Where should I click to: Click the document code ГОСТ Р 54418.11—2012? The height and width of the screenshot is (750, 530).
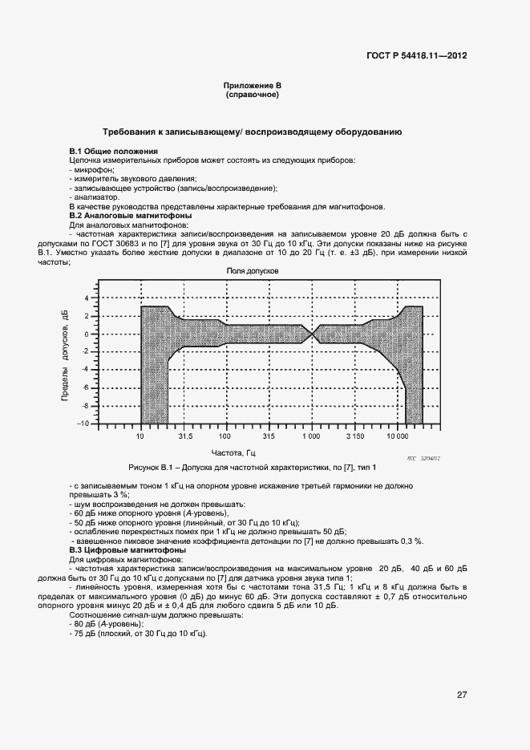pyautogui.click(x=415, y=56)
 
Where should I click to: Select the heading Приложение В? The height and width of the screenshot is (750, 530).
pyautogui.click(x=252, y=86)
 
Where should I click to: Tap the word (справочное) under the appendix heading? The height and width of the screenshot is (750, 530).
pyautogui.click(x=252, y=95)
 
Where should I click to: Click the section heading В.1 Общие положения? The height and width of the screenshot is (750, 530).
pyautogui.click(x=113, y=152)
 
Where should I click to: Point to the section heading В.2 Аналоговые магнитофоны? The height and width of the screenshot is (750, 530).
pyautogui.click(x=130, y=216)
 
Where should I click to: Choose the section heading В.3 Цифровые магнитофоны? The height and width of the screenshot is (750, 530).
pyautogui.click(x=127, y=549)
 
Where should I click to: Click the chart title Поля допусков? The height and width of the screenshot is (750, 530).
pyautogui.click(x=253, y=272)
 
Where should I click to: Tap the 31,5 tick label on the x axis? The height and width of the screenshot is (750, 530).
pyautogui.click(x=185, y=437)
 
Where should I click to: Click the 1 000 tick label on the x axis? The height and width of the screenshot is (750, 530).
pyautogui.click(x=310, y=437)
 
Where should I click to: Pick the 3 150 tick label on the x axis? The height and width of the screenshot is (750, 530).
pyautogui.click(x=354, y=437)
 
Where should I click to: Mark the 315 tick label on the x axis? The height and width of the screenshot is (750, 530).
pyautogui.click(x=268, y=437)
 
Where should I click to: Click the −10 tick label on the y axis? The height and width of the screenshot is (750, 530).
pyautogui.click(x=83, y=424)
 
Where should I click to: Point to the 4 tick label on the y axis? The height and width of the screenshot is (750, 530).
pyautogui.click(x=87, y=298)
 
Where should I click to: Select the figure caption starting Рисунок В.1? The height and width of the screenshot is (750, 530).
pyautogui.click(x=252, y=467)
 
